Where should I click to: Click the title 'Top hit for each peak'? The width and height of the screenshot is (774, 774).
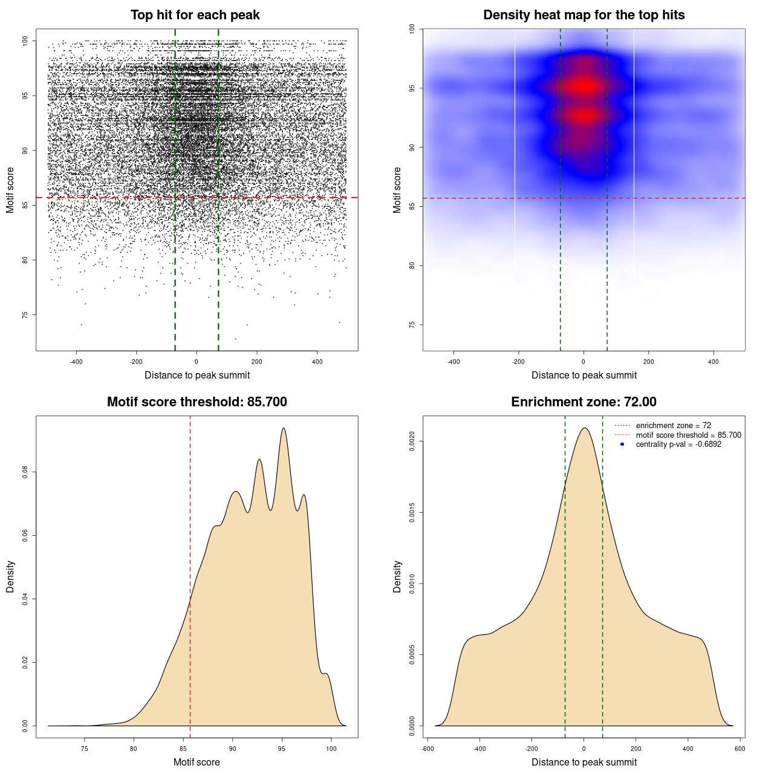(195, 15)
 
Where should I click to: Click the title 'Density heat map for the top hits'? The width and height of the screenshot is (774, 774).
(584, 15)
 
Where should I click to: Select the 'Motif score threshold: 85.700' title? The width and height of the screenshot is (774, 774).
(197, 402)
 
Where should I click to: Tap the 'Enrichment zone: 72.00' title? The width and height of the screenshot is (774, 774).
(584, 402)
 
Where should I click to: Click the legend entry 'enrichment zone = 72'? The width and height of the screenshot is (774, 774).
(673, 426)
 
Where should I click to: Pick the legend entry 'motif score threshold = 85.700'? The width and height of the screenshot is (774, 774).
(688, 435)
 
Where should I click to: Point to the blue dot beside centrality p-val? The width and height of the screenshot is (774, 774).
(622, 444)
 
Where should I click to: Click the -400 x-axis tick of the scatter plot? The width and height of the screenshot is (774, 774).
(76, 362)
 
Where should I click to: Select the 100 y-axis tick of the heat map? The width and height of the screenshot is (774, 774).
(412, 29)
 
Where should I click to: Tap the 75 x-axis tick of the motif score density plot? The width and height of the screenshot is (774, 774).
(84, 749)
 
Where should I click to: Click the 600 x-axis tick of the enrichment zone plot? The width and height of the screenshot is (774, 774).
(740, 749)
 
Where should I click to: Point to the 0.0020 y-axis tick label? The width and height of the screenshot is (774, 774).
(412, 441)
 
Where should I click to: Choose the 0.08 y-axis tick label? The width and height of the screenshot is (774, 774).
(25, 472)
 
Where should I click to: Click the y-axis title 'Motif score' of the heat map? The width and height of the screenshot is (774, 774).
(397, 190)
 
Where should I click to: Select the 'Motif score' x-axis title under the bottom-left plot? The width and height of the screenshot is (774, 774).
(197, 762)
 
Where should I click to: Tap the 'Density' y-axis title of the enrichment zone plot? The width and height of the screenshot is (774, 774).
(397, 576)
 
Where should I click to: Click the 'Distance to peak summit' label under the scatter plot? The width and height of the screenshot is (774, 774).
(197, 376)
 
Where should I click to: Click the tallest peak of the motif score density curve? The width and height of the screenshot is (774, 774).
(283, 429)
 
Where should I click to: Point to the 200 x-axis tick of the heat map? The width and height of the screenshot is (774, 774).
(648, 362)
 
